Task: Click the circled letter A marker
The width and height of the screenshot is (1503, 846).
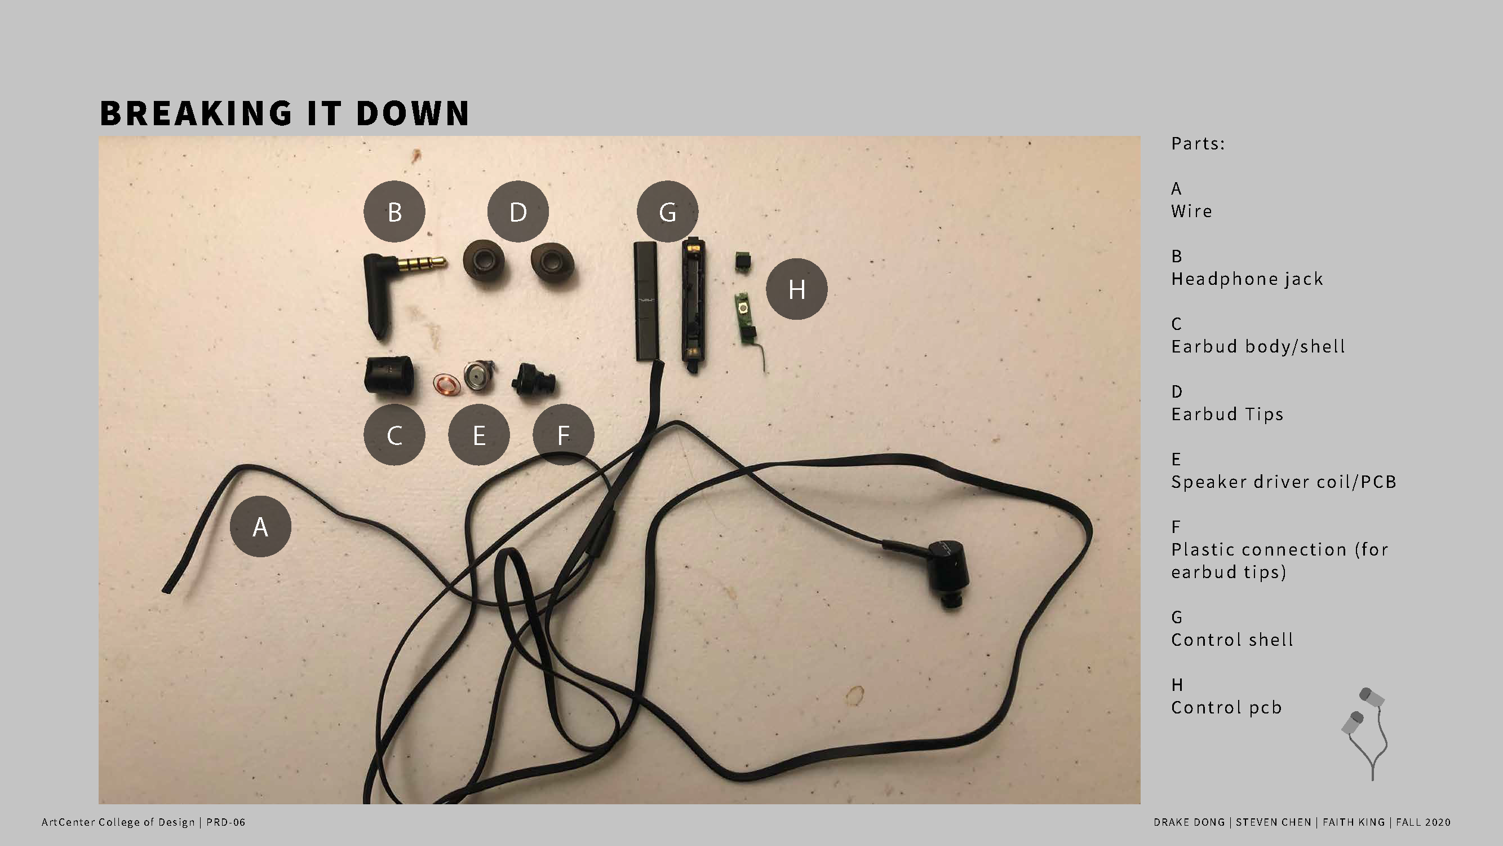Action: (260, 526)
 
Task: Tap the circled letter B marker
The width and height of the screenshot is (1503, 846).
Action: (394, 211)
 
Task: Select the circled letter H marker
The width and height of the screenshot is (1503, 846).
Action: (796, 288)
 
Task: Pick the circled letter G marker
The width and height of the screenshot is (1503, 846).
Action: (667, 211)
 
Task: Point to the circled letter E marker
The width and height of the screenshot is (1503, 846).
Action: (479, 435)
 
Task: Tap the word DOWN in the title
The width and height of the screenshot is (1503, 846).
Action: (412, 113)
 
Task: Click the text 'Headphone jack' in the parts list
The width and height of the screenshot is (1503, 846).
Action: (1247, 279)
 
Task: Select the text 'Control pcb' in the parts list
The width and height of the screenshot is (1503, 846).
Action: (1226, 707)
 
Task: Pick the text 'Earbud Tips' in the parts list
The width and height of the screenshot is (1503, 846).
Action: (1227, 414)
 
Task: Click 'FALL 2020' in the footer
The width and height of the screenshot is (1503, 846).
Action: (1423, 822)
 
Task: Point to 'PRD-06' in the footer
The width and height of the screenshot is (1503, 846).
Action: (226, 822)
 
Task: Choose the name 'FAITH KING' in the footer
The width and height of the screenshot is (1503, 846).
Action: (1354, 822)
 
